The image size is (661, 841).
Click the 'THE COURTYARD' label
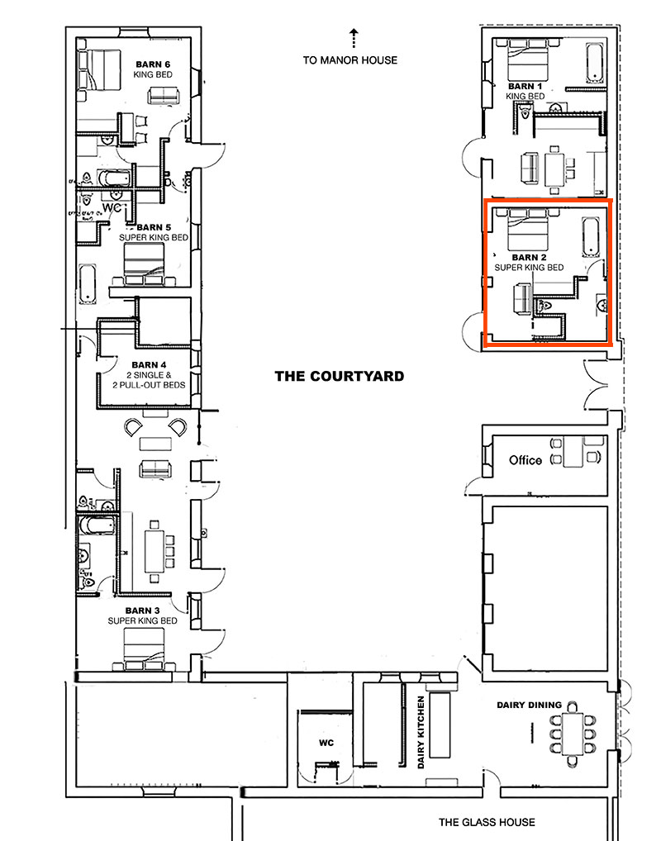339,376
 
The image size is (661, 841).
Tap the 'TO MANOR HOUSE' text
350,60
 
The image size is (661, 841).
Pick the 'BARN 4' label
149,364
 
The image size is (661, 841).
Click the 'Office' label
525,460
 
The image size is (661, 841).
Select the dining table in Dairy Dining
570,733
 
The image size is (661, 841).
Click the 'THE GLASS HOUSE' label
487,822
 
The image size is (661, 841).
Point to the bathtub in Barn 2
590,237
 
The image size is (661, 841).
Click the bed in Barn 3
141,647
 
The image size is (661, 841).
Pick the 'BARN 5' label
154,227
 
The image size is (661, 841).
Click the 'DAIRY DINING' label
529,705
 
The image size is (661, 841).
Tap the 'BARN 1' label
525,86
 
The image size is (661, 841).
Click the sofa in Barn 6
162,95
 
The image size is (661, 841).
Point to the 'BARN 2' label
529,258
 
